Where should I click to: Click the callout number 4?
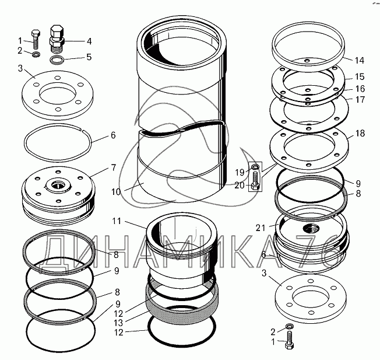coord(89,41)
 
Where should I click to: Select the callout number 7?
coord(113,168)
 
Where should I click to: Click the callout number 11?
coord(117,222)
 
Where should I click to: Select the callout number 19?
coord(239,173)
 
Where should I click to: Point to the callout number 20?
coord(239,185)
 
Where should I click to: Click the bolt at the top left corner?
coord(36,39)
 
